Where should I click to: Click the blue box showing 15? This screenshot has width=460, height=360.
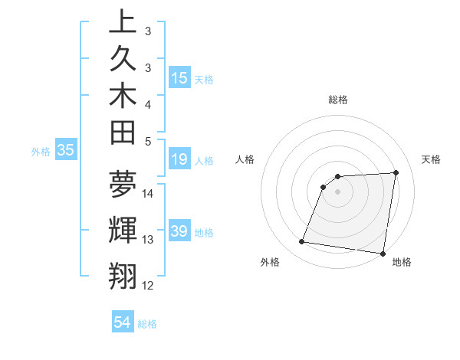tap(179, 77)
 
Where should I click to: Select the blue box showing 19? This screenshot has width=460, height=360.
tap(179, 159)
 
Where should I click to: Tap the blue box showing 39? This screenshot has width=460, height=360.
tap(179, 231)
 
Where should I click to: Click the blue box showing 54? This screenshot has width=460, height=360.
tap(123, 322)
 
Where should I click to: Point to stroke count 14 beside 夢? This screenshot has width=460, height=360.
tap(148, 193)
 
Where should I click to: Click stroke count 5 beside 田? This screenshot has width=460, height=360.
tap(148, 142)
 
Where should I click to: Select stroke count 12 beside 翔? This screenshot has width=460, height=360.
tap(148, 286)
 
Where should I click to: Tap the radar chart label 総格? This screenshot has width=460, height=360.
tap(338, 100)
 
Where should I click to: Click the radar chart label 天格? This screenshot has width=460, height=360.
tap(431, 159)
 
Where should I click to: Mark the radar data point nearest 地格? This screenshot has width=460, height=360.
tap(383, 253)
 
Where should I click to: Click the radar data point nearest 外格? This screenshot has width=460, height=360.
tap(302, 242)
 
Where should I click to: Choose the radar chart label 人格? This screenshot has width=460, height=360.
tap(245, 159)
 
